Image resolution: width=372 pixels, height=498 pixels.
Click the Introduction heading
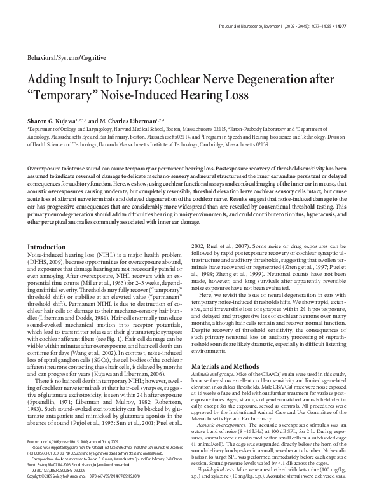48,246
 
